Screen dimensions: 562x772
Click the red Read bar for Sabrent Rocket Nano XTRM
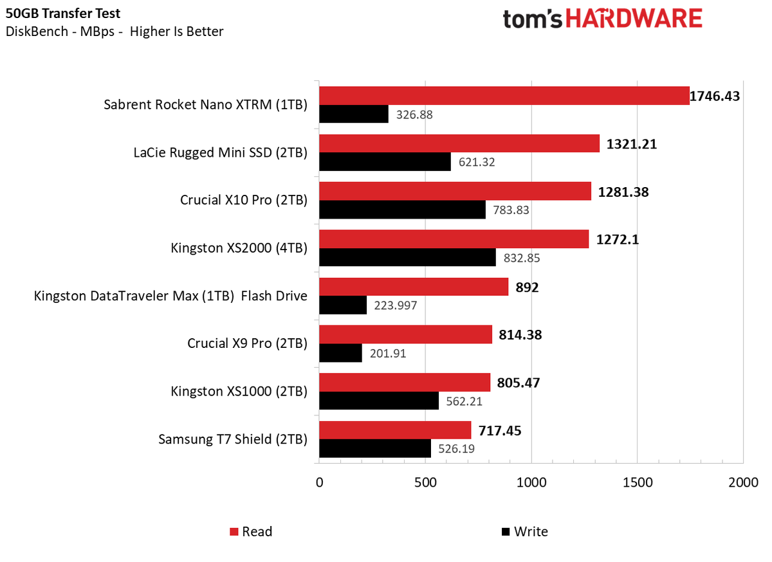pos(504,96)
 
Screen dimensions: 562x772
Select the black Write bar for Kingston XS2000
pos(407,257)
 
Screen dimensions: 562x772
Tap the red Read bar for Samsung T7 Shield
pos(395,430)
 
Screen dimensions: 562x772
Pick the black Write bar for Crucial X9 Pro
pos(340,353)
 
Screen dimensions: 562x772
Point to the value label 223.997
pos(395,305)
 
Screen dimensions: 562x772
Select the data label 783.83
pos(512,210)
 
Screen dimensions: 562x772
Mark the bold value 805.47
pos(519,383)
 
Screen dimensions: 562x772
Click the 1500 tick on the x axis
pos(637,482)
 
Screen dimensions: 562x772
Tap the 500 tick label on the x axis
pos(425,482)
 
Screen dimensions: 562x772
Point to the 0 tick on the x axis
pos(319,482)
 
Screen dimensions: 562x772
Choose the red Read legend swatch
pos(234,532)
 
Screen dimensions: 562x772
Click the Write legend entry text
pos(531,532)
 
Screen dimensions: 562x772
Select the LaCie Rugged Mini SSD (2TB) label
pos(220,152)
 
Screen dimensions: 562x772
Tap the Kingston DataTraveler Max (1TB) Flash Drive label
pos(170,296)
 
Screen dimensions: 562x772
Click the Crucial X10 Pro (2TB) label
pos(243,200)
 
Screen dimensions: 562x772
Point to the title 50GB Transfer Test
pos(62,14)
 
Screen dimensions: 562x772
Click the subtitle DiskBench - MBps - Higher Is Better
pos(114,32)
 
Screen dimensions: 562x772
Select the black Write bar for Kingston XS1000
pos(379,401)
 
